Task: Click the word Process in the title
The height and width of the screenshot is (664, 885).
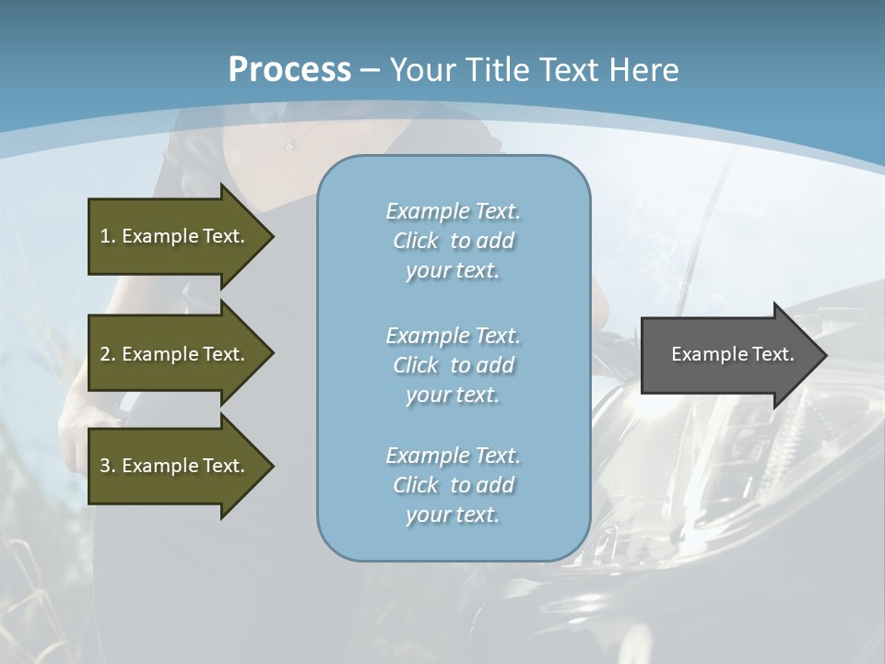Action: click(289, 70)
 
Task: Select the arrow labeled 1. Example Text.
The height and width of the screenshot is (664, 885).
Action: click(175, 236)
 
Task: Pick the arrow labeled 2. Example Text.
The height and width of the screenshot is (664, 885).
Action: click(175, 354)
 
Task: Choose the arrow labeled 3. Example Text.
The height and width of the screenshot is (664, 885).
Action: click(175, 466)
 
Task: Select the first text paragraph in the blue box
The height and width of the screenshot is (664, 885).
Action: click(453, 241)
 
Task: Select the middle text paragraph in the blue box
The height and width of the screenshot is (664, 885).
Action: click(453, 365)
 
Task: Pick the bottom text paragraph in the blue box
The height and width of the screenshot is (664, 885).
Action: click(453, 485)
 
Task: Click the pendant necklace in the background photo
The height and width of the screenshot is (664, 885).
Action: click(289, 146)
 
